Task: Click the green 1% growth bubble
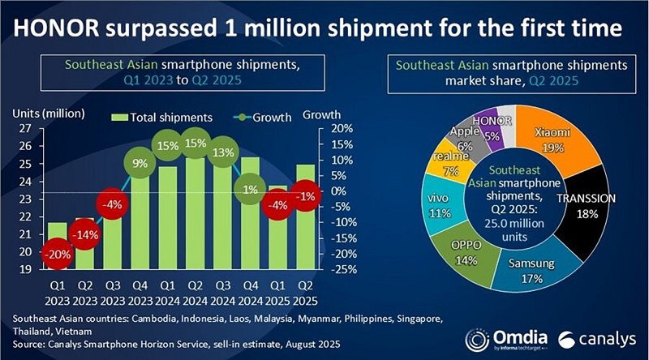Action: [x=249, y=191]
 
